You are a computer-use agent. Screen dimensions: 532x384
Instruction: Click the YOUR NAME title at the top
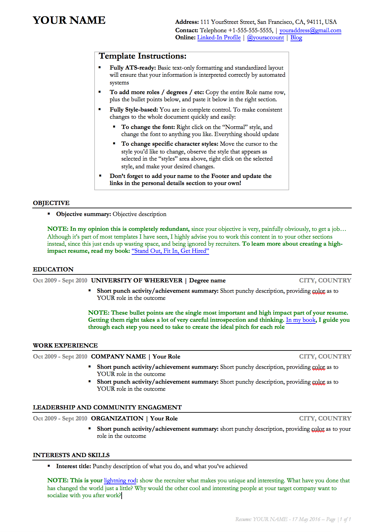click(x=69, y=20)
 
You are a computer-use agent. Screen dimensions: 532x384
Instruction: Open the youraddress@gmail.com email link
click(x=310, y=30)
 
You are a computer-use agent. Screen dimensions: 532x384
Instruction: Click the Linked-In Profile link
click(x=219, y=37)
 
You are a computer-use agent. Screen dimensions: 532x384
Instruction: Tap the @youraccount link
click(x=265, y=37)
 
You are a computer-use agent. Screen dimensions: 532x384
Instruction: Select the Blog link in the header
click(x=296, y=37)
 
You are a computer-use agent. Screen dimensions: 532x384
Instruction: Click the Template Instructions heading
click(x=143, y=56)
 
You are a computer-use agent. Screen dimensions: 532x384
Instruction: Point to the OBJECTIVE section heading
click(x=51, y=203)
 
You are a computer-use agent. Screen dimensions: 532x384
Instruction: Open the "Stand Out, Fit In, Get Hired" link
click(x=170, y=251)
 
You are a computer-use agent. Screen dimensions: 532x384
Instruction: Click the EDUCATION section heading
click(x=53, y=269)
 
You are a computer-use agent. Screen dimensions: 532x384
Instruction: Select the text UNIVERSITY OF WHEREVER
click(x=136, y=281)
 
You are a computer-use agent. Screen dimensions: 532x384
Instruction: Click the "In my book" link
click(x=300, y=320)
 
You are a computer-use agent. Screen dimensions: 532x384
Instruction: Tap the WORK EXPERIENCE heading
click(x=65, y=345)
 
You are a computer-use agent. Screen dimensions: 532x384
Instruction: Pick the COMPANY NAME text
click(x=118, y=357)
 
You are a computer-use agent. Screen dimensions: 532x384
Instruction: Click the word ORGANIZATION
click(x=117, y=419)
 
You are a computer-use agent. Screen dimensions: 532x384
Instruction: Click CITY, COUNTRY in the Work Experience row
click(x=325, y=357)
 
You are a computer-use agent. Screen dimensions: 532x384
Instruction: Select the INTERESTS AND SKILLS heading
click(x=71, y=455)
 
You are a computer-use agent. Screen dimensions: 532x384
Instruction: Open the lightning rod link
click(x=120, y=480)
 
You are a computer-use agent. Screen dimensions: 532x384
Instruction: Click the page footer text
click(x=293, y=519)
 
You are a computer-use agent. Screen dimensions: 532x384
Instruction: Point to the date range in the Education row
click(x=60, y=281)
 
